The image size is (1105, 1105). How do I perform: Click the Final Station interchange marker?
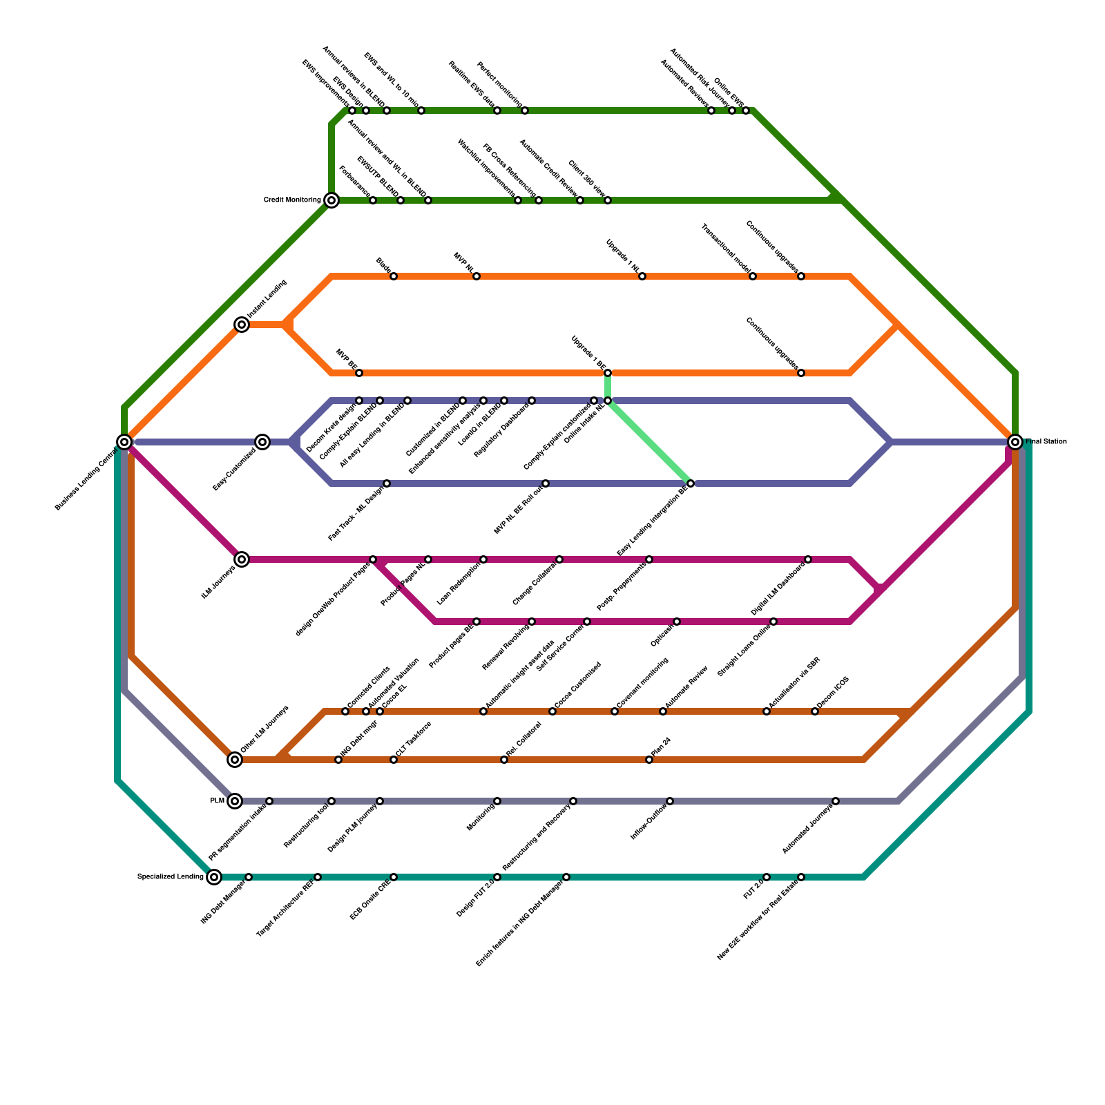[1015, 442]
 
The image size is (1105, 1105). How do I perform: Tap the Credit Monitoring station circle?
[331, 200]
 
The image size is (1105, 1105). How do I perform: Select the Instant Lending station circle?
[242, 325]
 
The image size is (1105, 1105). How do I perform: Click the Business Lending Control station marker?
[124, 442]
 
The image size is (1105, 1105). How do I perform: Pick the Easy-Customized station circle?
[262, 442]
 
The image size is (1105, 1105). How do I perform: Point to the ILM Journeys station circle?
[242, 559]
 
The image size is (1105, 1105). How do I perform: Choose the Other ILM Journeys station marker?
[235, 760]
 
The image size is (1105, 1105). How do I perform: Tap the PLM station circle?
[235, 801]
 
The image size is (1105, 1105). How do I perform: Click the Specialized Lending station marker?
[214, 877]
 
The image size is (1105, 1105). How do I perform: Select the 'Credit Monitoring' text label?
[292, 200]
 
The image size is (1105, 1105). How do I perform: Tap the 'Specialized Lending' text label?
[171, 877]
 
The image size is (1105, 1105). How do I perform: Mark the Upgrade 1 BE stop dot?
[608, 373]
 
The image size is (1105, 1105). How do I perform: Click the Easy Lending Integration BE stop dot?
[691, 483]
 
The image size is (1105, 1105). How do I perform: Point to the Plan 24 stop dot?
[649, 760]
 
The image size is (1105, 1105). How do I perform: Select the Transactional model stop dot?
[753, 276]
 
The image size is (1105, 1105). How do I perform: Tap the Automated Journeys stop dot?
[836, 801]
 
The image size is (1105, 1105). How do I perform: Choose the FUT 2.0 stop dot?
[767, 877]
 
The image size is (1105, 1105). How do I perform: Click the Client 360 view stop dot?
[608, 200]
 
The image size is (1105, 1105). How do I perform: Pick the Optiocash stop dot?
[677, 622]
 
